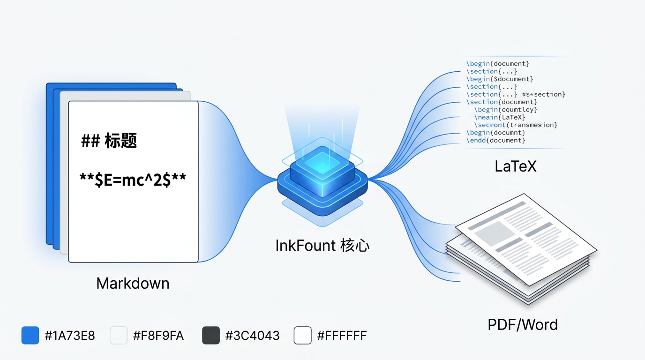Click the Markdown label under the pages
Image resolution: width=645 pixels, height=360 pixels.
pos(133,283)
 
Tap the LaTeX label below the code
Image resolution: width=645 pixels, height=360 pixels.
pos(515,166)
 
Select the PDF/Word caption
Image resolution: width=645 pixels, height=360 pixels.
pos(523,324)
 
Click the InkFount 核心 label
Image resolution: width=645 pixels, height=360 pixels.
pos(322,245)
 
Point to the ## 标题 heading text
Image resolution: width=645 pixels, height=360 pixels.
pos(109,141)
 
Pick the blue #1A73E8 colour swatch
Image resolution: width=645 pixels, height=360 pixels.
pos(30,336)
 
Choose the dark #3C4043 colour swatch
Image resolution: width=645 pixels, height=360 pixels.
pos(210,336)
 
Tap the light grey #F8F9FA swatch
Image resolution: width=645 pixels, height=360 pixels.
pos(119,336)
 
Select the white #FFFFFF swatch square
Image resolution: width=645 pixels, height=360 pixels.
pos(302,336)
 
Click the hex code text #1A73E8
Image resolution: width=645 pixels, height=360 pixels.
pos(70,336)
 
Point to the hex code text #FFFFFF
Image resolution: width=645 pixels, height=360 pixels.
pos(342,336)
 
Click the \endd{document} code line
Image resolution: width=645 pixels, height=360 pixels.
pos(495,140)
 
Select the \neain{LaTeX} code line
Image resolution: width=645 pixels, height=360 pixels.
pos(500,117)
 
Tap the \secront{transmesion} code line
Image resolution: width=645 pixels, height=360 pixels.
pos(516,125)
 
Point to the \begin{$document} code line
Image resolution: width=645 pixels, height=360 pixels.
pos(500,79)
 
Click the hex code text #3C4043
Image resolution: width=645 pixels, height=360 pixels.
pos(252,336)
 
